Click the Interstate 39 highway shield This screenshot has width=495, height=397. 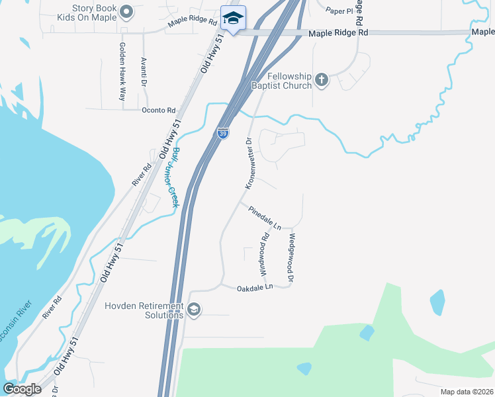click(x=223, y=133)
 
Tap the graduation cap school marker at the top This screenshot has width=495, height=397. click(x=232, y=18)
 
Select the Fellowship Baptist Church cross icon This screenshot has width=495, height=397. click(x=322, y=80)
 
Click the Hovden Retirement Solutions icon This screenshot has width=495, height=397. click(x=194, y=310)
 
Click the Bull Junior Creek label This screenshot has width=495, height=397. click(x=175, y=177)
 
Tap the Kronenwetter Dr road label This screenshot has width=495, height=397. click(x=249, y=163)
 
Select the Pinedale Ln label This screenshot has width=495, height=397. click(x=265, y=218)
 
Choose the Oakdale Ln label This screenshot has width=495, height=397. click(x=255, y=288)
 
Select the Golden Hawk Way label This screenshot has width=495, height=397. click(x=122, y=71)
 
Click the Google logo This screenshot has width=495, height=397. click(x=22, y=389)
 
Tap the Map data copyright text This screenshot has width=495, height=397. click(x=467, y=392)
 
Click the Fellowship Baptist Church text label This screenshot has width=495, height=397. click(x=281, y=81)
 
